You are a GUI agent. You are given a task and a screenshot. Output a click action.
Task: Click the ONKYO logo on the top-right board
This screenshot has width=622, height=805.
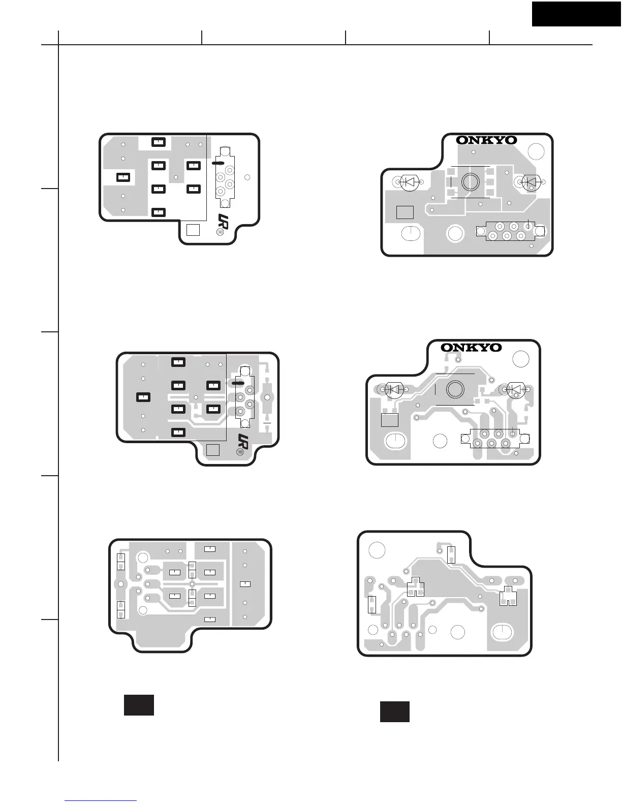[486, 140]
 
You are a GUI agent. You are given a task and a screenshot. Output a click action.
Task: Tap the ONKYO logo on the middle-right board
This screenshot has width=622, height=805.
[471, 348]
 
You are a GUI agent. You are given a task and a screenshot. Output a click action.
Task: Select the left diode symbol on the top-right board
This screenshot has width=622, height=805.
[409, 182]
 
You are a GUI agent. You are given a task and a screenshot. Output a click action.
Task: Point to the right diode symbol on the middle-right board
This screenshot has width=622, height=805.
[517, 390]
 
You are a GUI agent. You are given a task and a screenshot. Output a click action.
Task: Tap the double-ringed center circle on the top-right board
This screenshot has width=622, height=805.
[471, 182]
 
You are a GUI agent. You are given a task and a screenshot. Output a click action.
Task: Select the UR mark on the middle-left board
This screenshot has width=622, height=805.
[243, 442]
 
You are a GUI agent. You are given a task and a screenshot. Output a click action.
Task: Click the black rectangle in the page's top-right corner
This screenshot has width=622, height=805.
[577, 13]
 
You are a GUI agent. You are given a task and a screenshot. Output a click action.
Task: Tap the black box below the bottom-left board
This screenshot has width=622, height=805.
[139, 705]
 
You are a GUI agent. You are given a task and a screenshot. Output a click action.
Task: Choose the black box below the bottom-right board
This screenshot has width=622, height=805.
[395, 711]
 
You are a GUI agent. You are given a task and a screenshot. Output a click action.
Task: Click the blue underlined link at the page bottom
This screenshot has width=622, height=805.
[101, 800]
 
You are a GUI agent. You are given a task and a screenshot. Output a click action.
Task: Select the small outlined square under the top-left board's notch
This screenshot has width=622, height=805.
[194, 230]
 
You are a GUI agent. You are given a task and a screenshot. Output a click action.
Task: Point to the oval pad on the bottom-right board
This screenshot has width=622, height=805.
[503, 632]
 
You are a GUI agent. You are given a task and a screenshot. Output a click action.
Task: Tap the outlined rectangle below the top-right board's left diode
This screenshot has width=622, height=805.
[405, 212]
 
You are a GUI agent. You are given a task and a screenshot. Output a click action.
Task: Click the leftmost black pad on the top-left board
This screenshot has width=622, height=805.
[123, 177]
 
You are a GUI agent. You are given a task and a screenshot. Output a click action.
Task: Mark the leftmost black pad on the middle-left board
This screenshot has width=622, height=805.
[144, 397]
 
